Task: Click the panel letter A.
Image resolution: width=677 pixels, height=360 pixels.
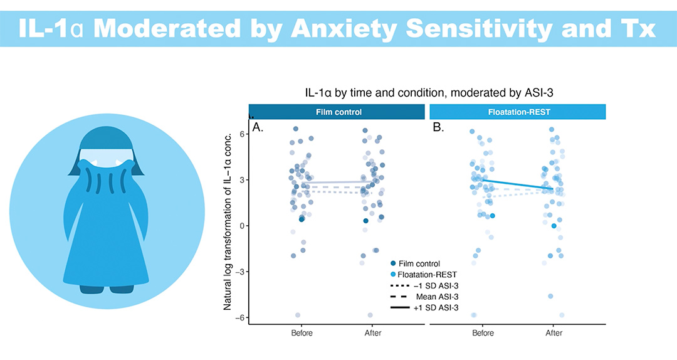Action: tap(258, 128)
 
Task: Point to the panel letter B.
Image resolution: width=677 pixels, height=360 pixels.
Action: tap(438, 128)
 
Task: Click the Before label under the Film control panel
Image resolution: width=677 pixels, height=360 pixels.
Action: tap(302, 332)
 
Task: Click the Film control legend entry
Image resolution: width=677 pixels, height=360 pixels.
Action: tap(419, 263)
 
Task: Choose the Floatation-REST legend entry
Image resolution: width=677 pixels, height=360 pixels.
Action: tap(424, 274)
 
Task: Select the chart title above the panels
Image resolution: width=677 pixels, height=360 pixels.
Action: tap(428, 92)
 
